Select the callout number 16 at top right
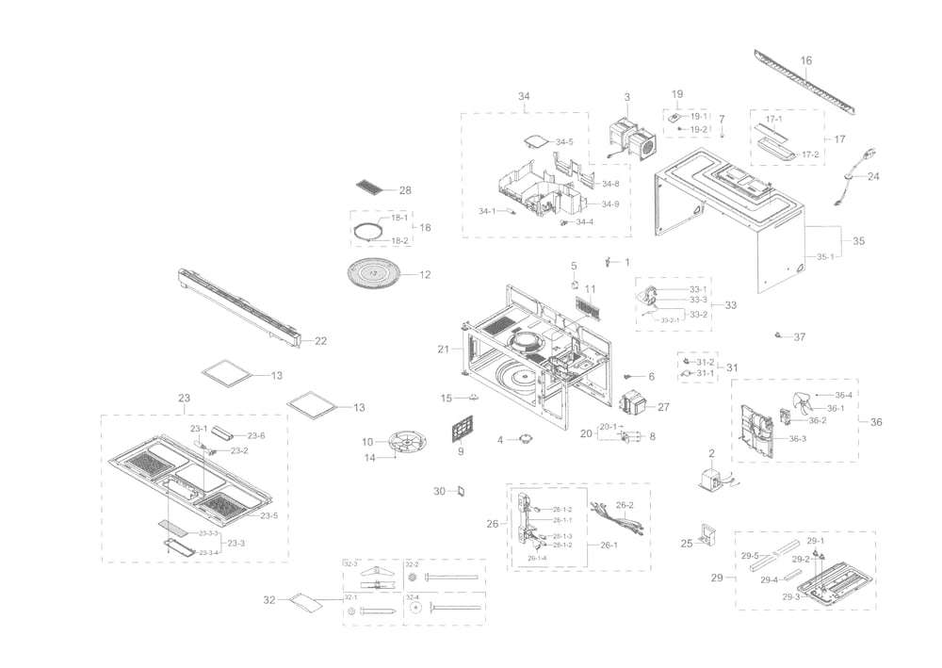pyautogui.click(x=805, y=60)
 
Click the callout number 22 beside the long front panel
pyautogui.click(x=320, y=341)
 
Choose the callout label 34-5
pyautogui.click(x=563, y=142)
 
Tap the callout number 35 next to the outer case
pyautogui.click(x=857, y=242)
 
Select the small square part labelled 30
pyautogui.click(x=462, y=491)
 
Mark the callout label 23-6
pyautogui.click(x=256, y=435)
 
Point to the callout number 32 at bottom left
pyautogui.click(x=269, y=599)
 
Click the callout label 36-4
pyautogui.click(x=843, y=395)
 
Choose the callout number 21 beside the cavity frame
pyautogui.click(x=443, y=350)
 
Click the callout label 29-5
pyautogui.click(x=750, y=556)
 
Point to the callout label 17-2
pyautogui.click(x=810, y=154)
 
